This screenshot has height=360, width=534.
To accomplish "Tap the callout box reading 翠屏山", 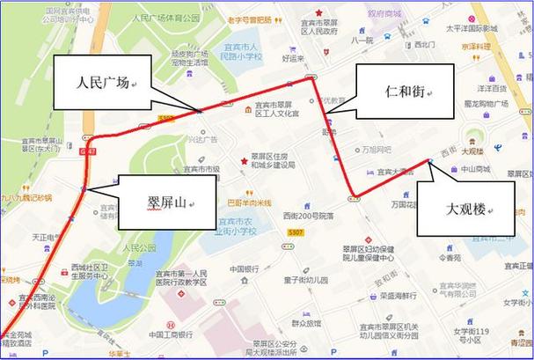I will click(160, 203).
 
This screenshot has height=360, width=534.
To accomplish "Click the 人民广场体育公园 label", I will click(165, 17).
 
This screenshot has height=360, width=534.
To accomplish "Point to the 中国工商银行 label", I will click(172, 334).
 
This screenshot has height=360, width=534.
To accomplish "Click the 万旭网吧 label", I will click(377, 150).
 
